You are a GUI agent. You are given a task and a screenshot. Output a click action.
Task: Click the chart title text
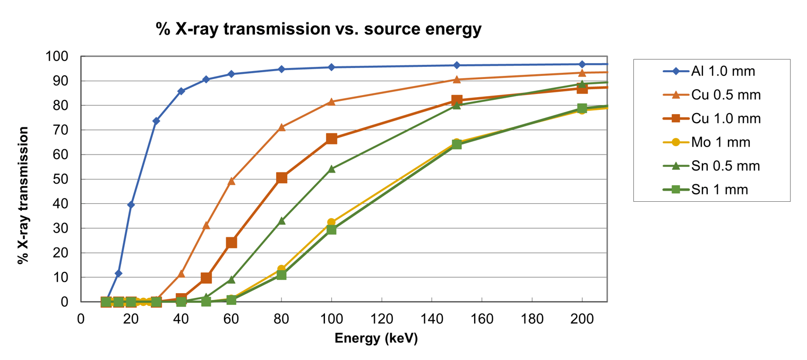pos(319,29)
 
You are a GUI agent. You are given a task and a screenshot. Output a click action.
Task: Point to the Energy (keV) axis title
pos(376,339)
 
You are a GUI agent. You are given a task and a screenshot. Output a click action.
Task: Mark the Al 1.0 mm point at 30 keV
pos(156,121)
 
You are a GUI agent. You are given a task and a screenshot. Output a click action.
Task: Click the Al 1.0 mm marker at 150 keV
pos(457,65)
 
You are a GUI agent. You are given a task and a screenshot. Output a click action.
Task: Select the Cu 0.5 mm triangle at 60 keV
pos(231,181)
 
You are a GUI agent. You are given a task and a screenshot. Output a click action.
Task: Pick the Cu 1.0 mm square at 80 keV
pos(281,177)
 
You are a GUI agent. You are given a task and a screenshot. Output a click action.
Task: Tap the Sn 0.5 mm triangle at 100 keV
pos(332,169)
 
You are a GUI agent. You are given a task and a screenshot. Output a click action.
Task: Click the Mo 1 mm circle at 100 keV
pos(332,222)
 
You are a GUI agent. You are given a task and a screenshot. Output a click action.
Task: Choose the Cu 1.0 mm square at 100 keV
pos(332,139)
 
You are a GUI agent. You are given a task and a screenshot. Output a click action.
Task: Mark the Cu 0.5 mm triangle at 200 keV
pos(582,73)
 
